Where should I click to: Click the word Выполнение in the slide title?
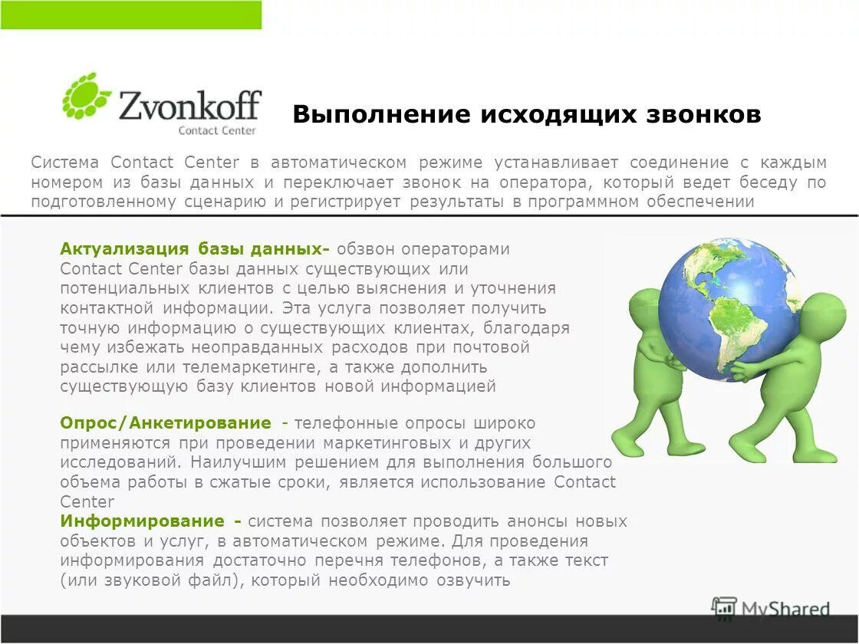[381, 115]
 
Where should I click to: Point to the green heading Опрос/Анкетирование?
[166, 423]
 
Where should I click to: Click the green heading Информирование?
[143, 521]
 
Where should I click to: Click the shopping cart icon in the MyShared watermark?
[724, 608]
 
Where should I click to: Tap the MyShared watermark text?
[785, 610]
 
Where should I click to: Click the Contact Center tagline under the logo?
[217, 130]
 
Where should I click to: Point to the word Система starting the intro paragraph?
[65, 163]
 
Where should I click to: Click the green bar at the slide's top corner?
[130, 15]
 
